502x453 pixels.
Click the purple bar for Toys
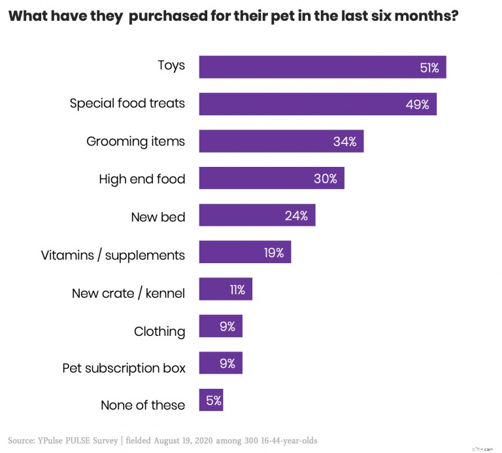tap(322, 67)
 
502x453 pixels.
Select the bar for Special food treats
tap(318, 104)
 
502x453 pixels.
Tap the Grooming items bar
tap(281, 141)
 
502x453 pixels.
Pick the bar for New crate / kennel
tap(225, 289)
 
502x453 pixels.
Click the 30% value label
tap(325, 179)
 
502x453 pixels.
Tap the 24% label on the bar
tap(296, 215)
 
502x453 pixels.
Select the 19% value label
tap(274, 253)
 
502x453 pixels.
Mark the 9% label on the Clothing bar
tap(227, 326)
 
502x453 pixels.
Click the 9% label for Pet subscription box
tap(227, 363)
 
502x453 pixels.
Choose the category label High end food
tap(142, 179)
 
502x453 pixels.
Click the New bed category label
tap(158, 216)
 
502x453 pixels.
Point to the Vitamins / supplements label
tap(113, 254)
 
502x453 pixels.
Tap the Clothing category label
tap(159, 331)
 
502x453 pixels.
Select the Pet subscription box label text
tap(124, 368)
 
